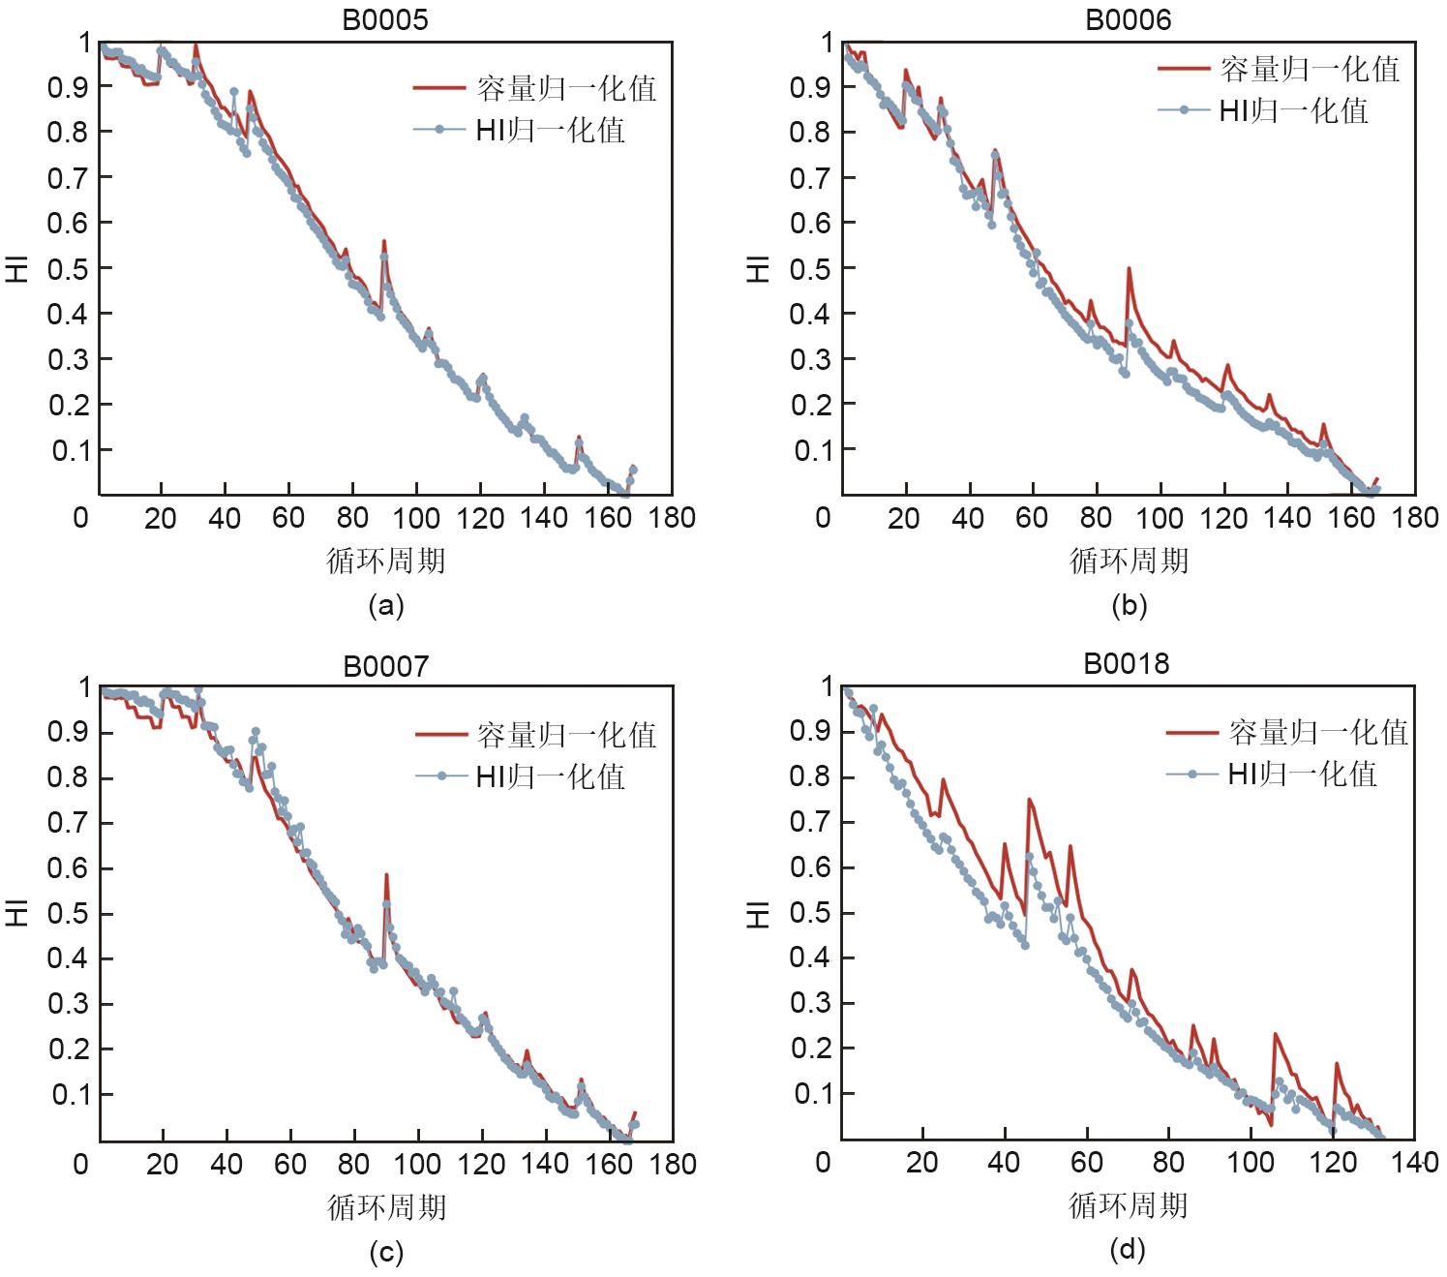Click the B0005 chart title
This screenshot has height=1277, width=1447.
pyautogui.click(x=384, y=19)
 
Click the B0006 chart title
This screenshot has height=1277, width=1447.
pyautogui.click(x=1128, y=19)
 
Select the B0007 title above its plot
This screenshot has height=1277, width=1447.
pyautogui.click(x=385, y=666)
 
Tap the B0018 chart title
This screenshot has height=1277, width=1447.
pyautogui.click(x=1126, y=664)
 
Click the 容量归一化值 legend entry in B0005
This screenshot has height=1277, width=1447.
pyautogui.click(x=565, y=89)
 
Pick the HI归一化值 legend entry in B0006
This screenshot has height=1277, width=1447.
pyautogui.click(x=1292, y=111)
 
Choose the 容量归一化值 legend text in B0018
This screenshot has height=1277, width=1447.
pyautogui.click(x=1317, y=733)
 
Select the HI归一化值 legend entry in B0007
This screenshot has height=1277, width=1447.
pyautogui.click(x=550, y=776)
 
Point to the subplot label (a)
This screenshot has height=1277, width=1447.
pyautogui.click(x=386, y=606)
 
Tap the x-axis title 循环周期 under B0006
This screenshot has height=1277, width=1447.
pyautogui.click(x=1129, y=561)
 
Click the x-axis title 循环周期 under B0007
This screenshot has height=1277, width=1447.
pyautogui.click(x=386, y=1206)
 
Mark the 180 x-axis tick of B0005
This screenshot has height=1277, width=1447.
pyautogui.click(x=672, y=518)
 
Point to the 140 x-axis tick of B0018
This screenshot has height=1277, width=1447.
pyautogui.click(x=1414, y=1162)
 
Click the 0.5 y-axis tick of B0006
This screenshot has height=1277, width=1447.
pyautogui.click(x=810, y=268)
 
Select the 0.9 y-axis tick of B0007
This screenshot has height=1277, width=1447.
pyautogui.click(x=68, y=733)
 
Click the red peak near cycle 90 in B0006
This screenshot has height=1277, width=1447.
pyautogui.click(x=1129, y=269)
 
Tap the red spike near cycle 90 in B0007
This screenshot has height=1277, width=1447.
pyautogui.click(x=386, y=875)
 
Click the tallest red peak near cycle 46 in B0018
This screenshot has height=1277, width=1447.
pyautogui.click(x=1029, y=800)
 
